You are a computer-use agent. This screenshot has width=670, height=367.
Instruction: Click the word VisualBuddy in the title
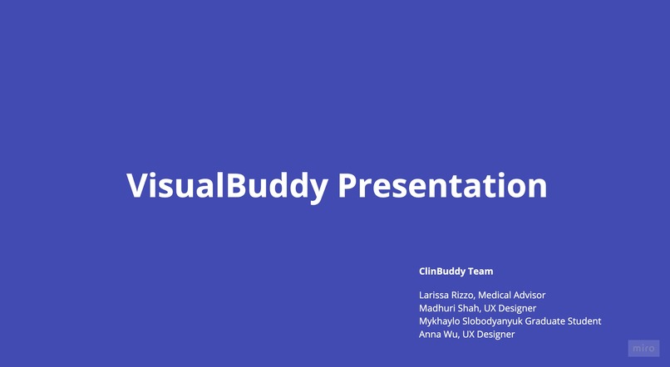click(x=227, y=185)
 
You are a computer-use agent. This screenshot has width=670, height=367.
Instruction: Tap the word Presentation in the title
click(x=442, y=185)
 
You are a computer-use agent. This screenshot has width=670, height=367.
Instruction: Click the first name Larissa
click(x=434, y=295)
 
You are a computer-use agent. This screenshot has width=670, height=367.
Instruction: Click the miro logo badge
click(x=643, y=348)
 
